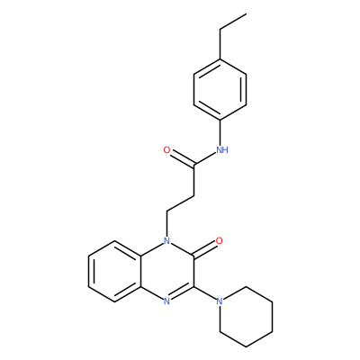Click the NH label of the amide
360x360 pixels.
222,149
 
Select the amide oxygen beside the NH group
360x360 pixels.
166,149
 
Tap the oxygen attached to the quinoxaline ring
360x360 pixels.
220,240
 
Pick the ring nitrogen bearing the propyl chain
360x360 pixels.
167,240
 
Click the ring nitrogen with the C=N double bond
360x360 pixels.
167,301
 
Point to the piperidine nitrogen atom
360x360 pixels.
220,301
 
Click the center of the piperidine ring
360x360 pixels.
246,317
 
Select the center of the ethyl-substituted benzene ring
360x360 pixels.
220,89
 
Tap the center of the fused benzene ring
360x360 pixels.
114,271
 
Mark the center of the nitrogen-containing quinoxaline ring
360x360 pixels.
167,271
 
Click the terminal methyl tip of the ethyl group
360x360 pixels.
247,13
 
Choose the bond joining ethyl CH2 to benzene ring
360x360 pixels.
220,44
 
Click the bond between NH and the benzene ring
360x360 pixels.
220,132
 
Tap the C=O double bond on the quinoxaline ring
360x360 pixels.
205,248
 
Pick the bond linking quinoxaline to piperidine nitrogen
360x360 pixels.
205,292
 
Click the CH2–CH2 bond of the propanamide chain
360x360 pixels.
180,203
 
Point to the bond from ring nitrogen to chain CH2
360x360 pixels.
167,223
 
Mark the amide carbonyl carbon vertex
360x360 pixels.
193,165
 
